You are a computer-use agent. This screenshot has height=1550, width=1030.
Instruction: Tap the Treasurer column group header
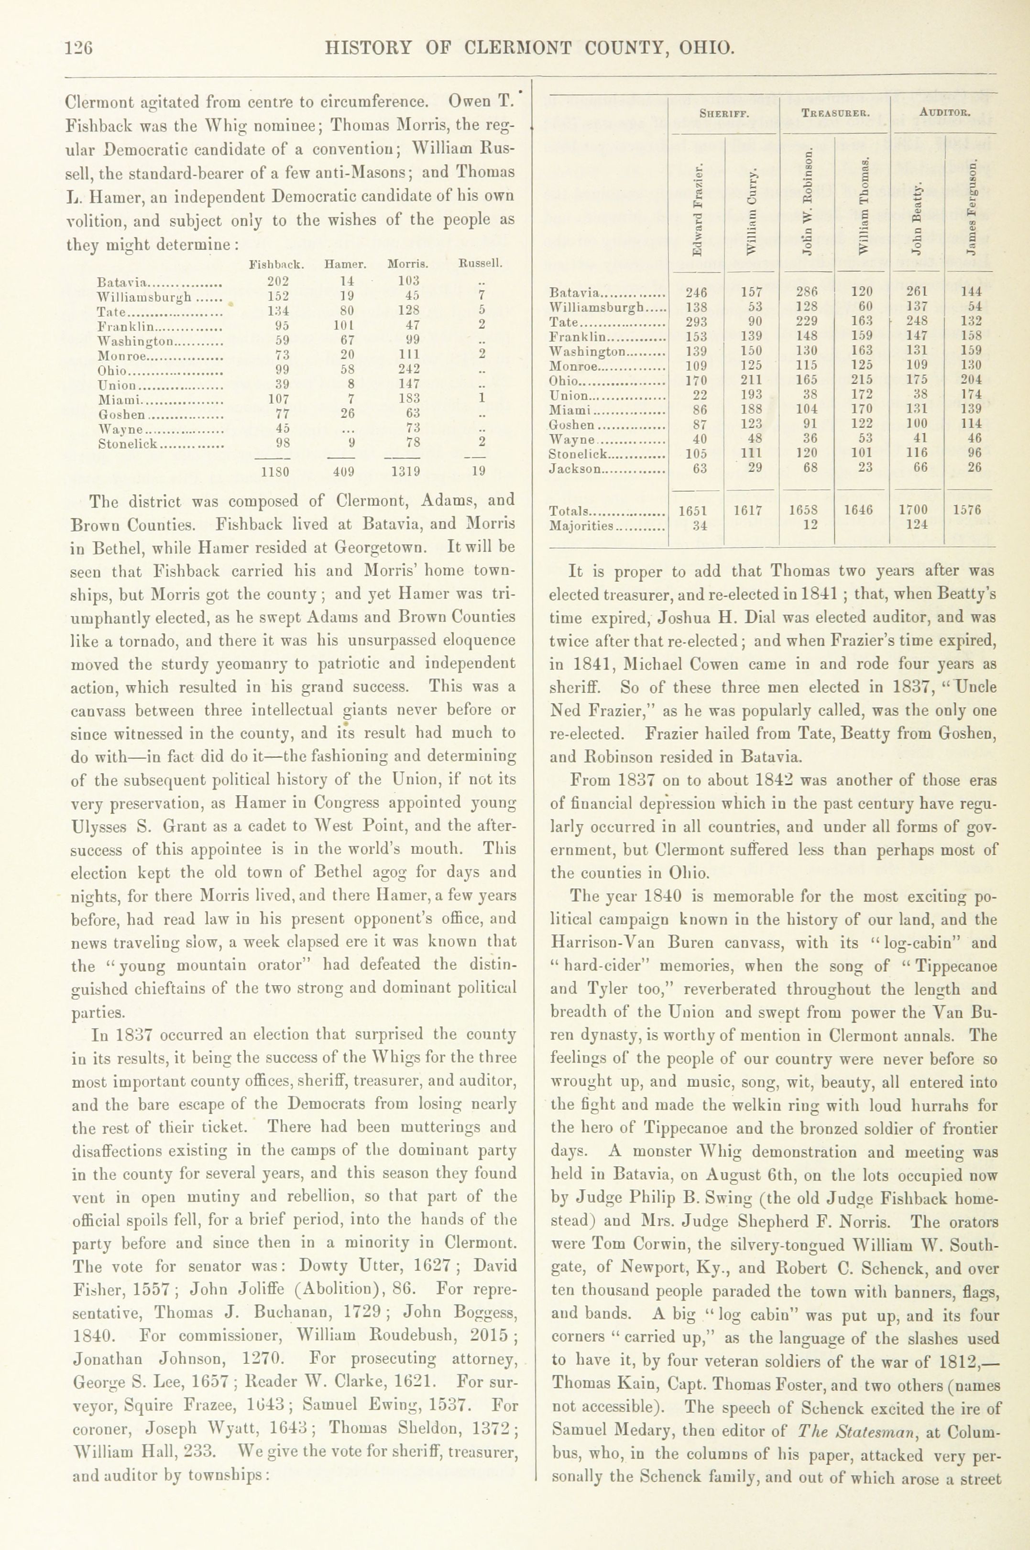(835, 112)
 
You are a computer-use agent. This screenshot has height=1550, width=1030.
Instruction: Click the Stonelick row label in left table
(128, 443)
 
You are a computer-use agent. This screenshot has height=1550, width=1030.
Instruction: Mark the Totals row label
(570, 510)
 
